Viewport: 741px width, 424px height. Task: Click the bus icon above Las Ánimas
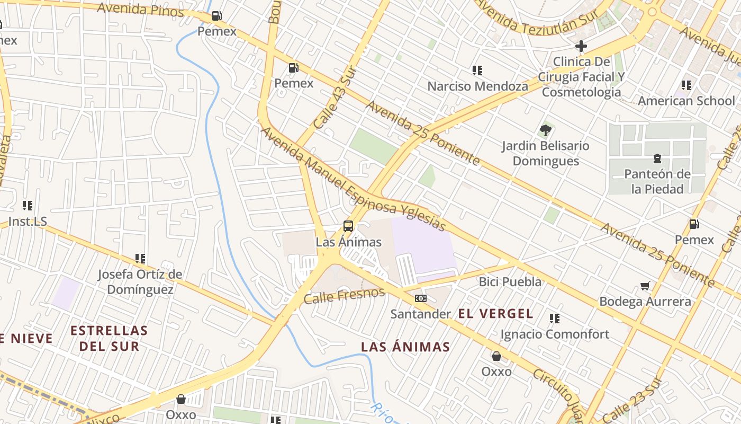(x=348, y=226)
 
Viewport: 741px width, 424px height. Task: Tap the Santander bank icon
(x=421, y=298)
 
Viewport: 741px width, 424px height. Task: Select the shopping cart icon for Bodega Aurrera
(x=645, y=286)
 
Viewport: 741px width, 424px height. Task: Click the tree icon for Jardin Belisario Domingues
(x=545, y=130)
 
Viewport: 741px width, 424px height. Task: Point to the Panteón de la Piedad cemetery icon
(x=657, y=158)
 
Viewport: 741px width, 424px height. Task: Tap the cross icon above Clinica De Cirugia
(x=581, y=46)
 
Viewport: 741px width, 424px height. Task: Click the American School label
(x=686, y=101)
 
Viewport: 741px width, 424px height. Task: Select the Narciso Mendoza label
(x=477, y=86)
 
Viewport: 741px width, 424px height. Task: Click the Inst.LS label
(x=28, y=222)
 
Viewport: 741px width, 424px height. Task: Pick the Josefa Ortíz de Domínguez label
(x=140, y=282)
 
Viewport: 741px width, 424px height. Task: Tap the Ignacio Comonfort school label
(x=555, y=334)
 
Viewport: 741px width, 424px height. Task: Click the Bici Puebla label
(x=510, y=281)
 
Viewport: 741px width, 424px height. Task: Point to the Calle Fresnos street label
(x=344, y=296)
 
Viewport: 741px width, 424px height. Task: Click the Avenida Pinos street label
(x=140, y=9)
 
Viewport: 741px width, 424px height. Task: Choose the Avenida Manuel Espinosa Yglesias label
(x=354, y=179)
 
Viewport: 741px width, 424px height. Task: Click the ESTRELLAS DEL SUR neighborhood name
(x=109, y=338)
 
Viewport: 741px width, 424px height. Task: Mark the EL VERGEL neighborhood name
(x=495, y=313)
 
